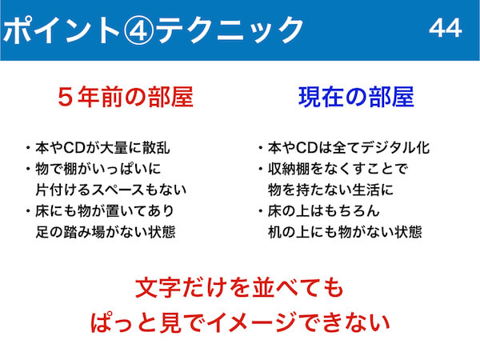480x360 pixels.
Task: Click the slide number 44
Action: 446,28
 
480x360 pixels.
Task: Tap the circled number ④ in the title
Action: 138,30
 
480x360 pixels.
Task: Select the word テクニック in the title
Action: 230,30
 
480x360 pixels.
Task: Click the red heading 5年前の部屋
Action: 126,97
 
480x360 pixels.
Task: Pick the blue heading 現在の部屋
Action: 356,97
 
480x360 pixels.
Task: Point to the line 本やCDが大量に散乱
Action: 102,147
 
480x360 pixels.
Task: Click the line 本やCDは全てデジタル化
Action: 349,147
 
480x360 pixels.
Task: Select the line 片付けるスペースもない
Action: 111,190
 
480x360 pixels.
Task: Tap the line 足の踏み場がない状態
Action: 106,232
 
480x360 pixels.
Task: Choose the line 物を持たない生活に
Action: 330,190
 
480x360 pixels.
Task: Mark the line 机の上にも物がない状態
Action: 345,232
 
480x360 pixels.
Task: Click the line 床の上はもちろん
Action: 323,210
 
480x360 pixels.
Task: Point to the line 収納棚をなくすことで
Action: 338,169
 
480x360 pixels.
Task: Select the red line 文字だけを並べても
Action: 239,288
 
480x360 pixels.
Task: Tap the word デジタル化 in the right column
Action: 395,147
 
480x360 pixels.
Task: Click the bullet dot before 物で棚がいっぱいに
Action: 28,169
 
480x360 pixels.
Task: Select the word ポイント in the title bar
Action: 62,30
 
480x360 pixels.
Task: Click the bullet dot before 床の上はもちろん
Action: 261,210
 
